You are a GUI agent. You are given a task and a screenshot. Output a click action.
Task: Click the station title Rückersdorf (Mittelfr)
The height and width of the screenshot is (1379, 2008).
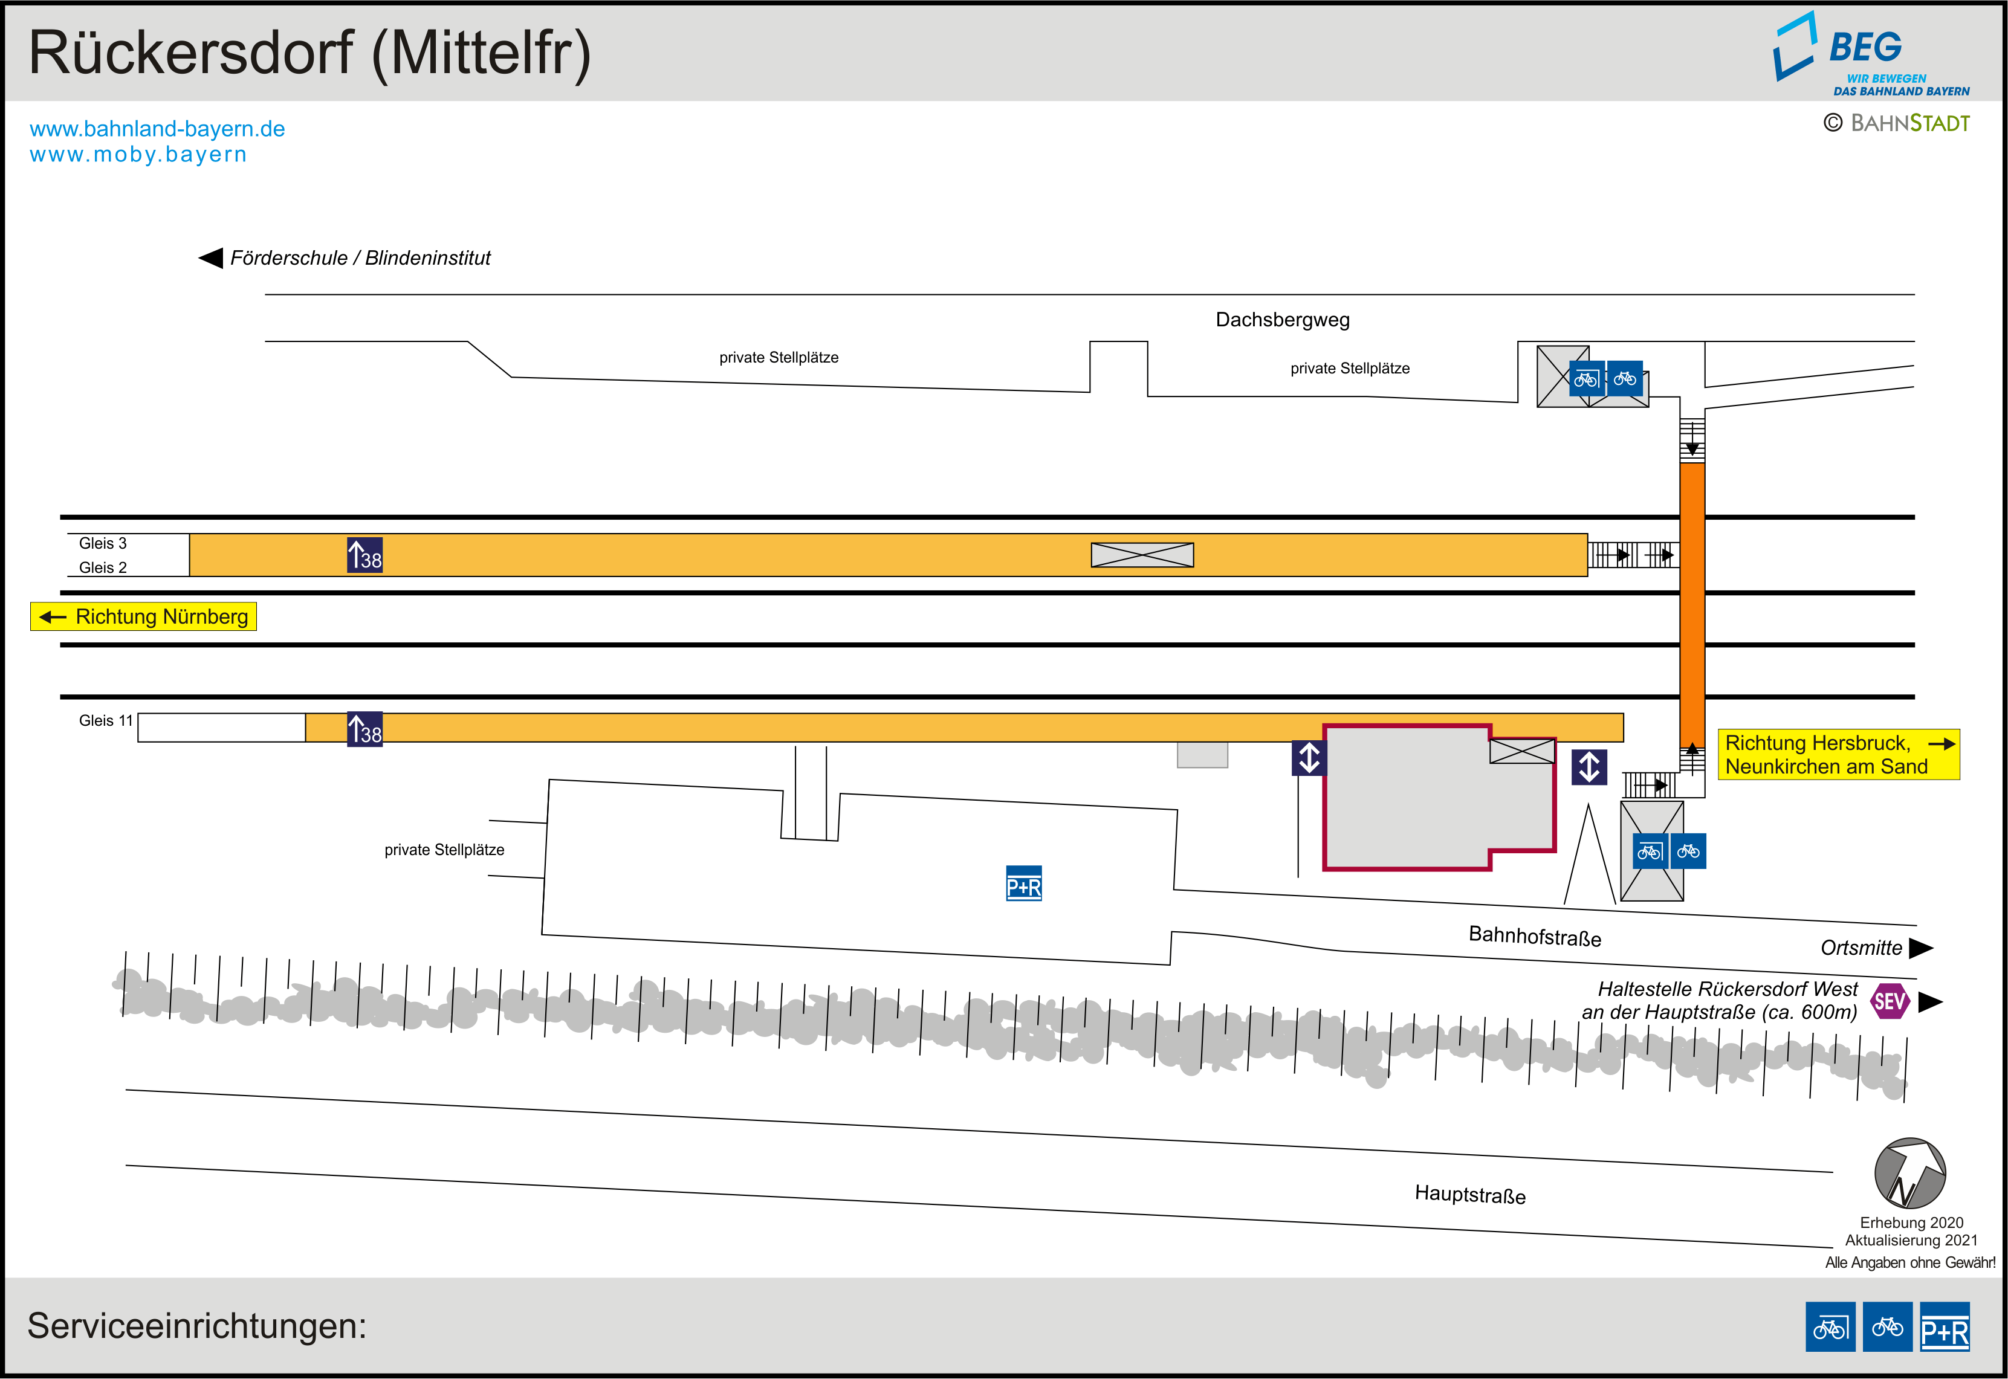pyautogui.click(x=309, y=54)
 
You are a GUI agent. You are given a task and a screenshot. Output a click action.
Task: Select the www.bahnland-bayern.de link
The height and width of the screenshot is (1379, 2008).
pyautogui.click(x=157, y=129)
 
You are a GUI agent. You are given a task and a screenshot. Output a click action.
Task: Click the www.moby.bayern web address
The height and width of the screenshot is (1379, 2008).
pyautogui.click(x=138, y=155)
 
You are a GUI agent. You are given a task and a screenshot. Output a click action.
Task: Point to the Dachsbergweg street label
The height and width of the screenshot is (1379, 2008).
pyautogui.click(x=1282, y=320)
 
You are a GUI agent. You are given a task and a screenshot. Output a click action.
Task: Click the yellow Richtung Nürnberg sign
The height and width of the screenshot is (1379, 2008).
pyautogui.click(x=143, y=616)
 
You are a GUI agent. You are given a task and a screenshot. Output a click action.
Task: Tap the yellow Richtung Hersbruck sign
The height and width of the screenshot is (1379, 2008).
pyautogui.click(x=1838, y=754)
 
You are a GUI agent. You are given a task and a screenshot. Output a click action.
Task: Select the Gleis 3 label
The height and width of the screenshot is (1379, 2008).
pyautogui.click(x=103, y=543)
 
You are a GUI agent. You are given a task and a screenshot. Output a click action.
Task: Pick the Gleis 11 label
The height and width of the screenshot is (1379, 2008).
pyautogui.click(x=105, y=720)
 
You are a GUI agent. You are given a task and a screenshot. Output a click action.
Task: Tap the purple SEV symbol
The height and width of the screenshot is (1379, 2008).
pyautogui.click(x=1890, y=1001)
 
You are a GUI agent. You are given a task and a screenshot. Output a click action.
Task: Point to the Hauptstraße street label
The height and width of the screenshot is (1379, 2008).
pyautogui.click(x=1469, y=1194)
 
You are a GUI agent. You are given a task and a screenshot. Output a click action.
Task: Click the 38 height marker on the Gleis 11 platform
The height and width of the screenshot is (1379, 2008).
pyautogui.click(x=364, y=730)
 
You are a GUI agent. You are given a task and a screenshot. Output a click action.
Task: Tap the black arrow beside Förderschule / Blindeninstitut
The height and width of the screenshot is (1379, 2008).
pyautogui.click(x=211, y=257)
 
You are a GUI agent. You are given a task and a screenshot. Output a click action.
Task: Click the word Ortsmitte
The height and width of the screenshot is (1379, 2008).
pyautogui.click(x=1861, y=948)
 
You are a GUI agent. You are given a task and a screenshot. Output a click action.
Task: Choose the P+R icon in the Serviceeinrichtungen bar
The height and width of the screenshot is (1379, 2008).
pyautogui.click(x=1944, y=1326)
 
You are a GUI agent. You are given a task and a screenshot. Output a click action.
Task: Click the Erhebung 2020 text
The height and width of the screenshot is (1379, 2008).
pyautogui.click(x=1911, y=1222)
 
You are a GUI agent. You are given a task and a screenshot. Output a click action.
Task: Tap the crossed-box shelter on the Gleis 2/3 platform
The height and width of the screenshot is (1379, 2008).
pyautogui.click(x=1142, y=555)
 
